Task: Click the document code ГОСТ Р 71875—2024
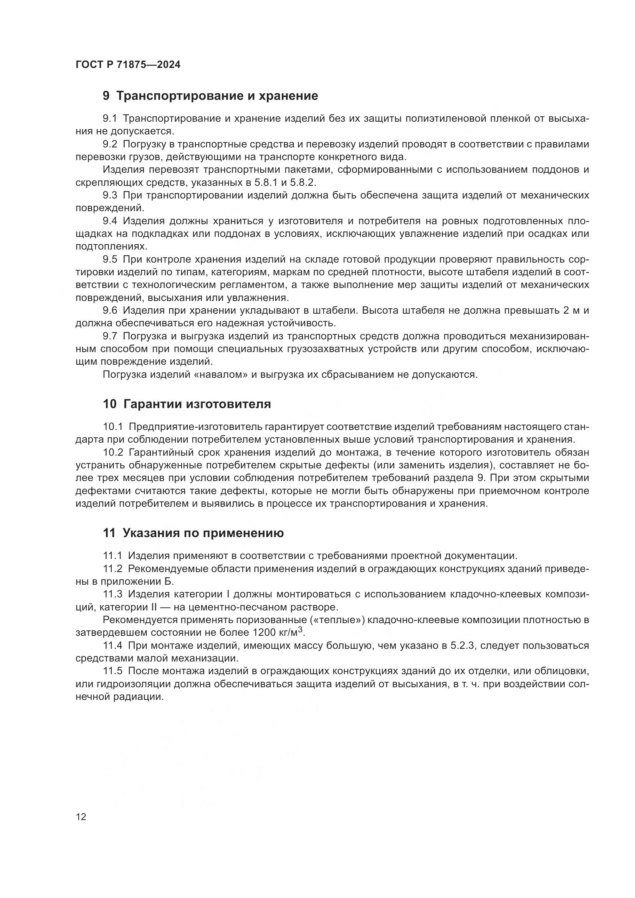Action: (128, 65)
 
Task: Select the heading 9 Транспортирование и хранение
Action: (210, 96)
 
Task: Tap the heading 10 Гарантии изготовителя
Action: (187, 404)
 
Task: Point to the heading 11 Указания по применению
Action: (193, 533)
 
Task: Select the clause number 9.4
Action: (110, 221)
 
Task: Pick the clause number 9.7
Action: (110, 336)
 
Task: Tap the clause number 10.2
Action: (113, 453)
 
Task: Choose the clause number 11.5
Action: (112, 671)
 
